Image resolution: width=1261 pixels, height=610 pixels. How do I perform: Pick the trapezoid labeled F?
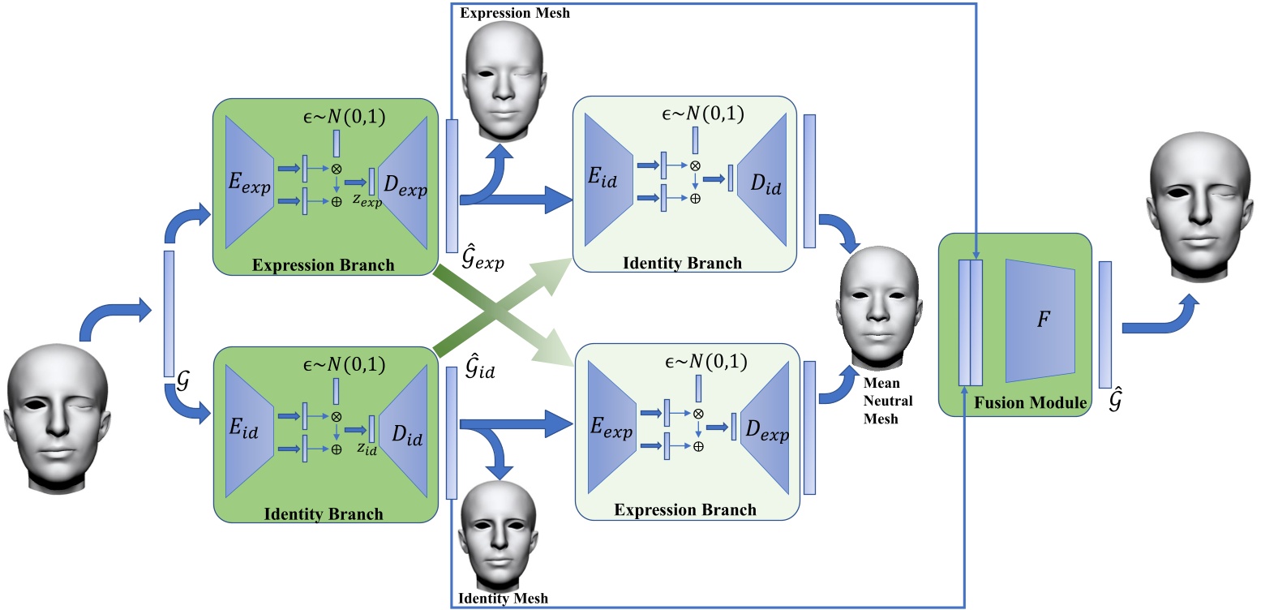[1040, 320]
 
